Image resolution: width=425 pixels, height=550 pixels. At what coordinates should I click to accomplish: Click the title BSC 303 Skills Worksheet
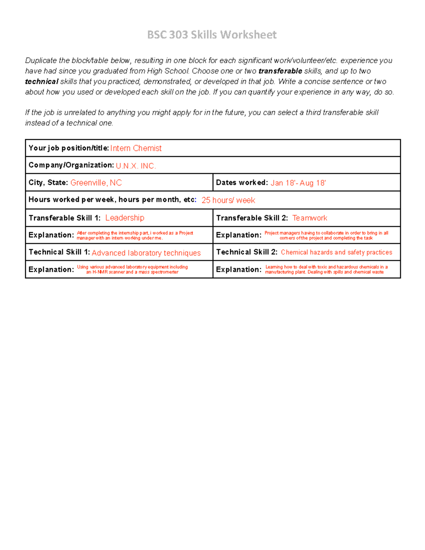point(212,35)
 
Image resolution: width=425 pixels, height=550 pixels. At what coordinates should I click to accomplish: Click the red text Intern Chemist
point(136,148)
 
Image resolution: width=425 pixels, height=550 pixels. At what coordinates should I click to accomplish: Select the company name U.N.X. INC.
point(136,166)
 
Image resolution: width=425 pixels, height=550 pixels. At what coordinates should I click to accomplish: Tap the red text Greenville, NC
point(96,183)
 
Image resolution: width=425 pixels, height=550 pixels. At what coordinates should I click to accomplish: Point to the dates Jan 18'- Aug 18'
point(298,183)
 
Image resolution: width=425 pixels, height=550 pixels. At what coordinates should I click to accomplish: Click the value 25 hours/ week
point(228,200)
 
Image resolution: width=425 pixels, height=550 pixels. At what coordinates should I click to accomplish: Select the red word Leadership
point(125,218)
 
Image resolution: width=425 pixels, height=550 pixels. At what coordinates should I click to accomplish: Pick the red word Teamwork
point(310,218)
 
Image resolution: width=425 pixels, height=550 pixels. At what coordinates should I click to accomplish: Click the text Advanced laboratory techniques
point(146,253)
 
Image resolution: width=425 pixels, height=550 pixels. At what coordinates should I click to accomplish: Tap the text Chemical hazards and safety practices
point(336,252)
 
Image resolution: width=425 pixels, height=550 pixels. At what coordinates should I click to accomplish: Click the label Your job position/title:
point(68,148)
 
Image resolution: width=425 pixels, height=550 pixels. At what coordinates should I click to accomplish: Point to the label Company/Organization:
point(71,165)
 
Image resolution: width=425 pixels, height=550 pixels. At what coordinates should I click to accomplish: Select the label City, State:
point(48,183)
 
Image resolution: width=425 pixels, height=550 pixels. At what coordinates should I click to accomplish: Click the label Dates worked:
point(242,183)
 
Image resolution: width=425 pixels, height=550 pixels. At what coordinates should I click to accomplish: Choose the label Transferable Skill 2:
point(252,218)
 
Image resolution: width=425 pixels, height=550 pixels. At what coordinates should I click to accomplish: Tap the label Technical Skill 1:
point(59,252)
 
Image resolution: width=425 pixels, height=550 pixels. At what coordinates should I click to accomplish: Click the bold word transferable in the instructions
point(280,71)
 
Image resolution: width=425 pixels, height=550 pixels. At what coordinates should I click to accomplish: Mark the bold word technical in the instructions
point(41,81)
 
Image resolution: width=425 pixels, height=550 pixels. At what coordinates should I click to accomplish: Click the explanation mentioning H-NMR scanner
point(132,270)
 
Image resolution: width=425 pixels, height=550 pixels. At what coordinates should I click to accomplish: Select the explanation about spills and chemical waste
point(326,270)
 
